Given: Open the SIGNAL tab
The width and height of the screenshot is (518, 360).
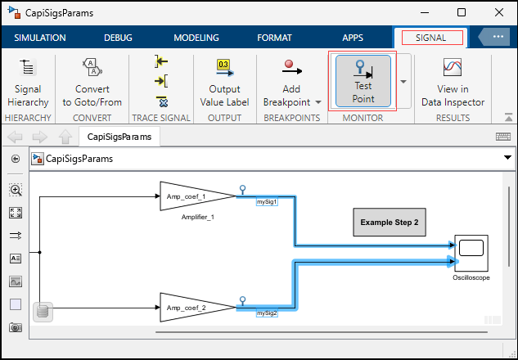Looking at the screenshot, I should (430, 38).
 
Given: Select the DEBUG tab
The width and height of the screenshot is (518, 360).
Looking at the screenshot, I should (118, 38).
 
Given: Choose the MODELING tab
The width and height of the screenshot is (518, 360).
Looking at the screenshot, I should (196, 38).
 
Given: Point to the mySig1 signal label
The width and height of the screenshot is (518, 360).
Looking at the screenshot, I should (267, 203).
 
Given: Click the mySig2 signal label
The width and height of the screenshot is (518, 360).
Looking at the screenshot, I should (267, 313).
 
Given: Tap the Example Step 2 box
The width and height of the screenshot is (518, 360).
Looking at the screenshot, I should (390, 222).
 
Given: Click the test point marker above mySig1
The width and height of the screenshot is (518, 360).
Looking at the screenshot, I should (241, 190).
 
